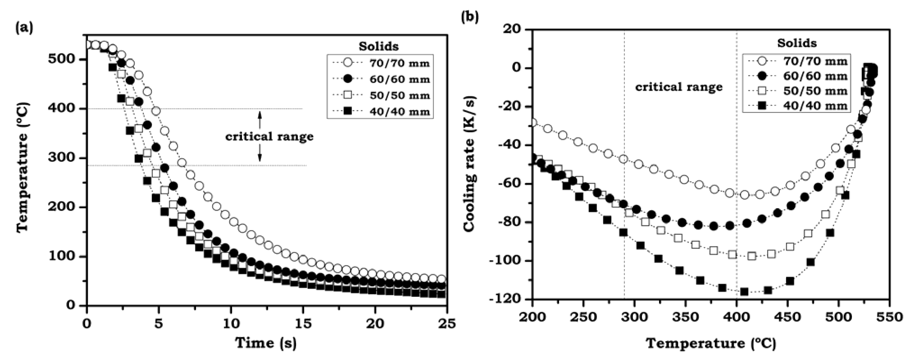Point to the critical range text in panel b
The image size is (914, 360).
click(x=678, y=87)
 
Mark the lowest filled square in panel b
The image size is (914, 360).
click(x=744, y=292)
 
